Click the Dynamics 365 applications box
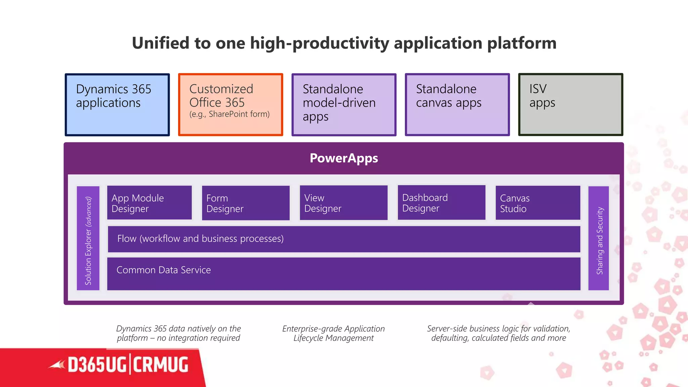(x=117, y=104)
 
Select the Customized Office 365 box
(x=230, y=104)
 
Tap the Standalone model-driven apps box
(x=344, y=104)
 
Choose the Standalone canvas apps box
(x=457, y=104)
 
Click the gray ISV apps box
(x=570, y=104)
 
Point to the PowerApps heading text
(x=344, y=158)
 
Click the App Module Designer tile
(x=149, y=203)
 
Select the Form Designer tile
(x=246, y=203)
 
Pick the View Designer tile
(x=343, y=203)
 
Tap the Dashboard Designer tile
(x=441, y=203)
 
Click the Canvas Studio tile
(x=538, y=203)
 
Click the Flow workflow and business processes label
(x=201, y=239)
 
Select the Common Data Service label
(x=164, y=270)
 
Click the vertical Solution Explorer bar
(x=88, y=238)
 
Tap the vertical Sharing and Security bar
(x=599, y=238)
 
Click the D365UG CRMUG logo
(x=128, y=365)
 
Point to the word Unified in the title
(x=160, y=43)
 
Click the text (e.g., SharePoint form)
(x=229, y=114)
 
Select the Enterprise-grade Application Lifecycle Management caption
(x=333, y=333)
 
